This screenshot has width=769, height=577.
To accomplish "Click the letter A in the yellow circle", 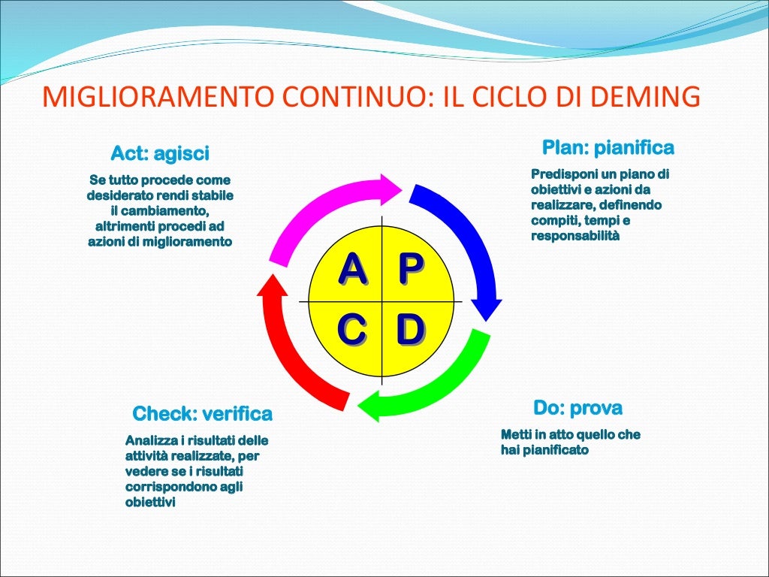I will point(352,269).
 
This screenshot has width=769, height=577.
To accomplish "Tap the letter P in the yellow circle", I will point(410,269).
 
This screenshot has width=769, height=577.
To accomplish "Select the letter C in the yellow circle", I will point(351,330).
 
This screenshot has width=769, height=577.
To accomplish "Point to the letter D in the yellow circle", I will point(410,330).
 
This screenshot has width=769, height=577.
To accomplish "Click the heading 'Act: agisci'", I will point(160,154).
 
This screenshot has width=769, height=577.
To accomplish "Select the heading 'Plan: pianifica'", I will point(608,147).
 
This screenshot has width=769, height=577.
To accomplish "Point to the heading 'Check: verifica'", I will point(202,414).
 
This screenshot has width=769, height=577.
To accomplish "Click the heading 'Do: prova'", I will point(578,409).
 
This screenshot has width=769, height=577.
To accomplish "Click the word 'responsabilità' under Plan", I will point(575,236).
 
